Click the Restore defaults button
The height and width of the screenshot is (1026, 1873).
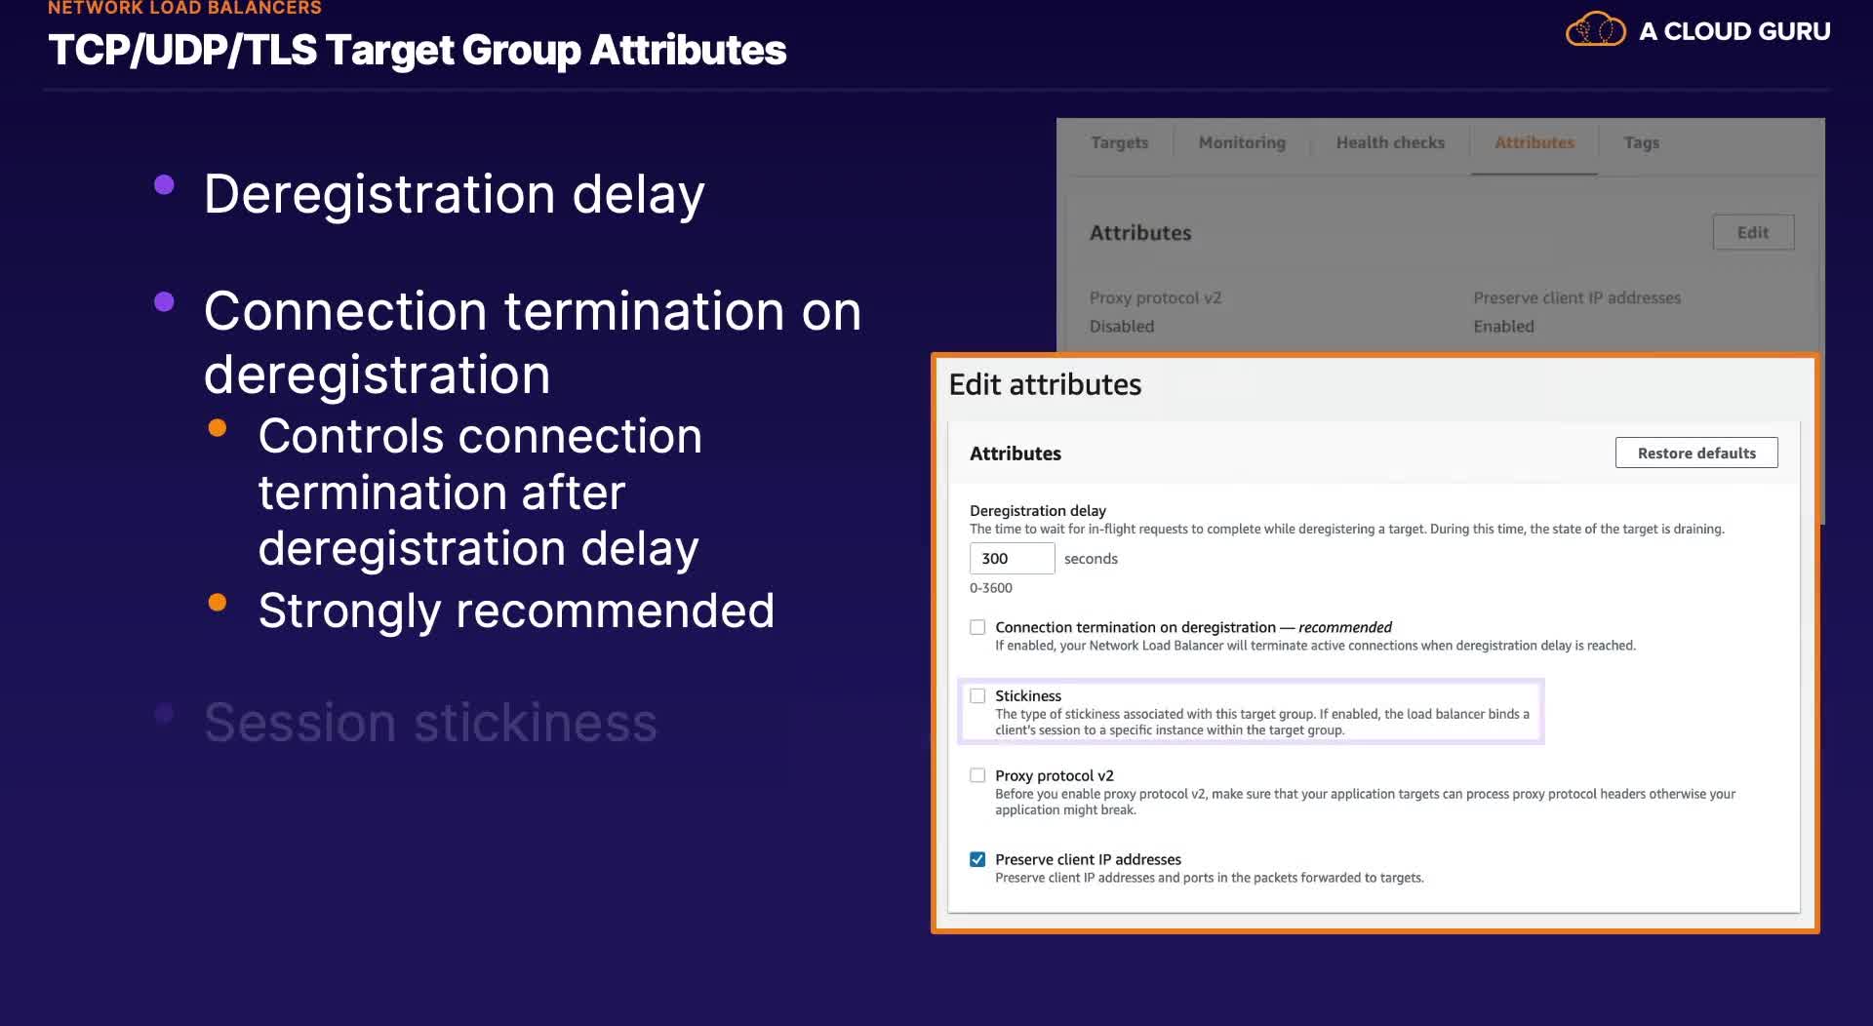coord(1696,453)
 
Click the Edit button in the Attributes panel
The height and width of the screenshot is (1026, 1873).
coord(1753,232)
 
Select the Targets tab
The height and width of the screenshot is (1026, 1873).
coord(1119,142)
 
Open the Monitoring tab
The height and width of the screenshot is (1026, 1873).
coord(1242,142)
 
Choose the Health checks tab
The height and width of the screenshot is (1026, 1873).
coord(1390,142)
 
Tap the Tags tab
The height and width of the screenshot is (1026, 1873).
coord(1642,142)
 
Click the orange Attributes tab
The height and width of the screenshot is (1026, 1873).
coord(1534,142)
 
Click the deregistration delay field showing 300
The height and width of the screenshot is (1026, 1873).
coord(1012,558)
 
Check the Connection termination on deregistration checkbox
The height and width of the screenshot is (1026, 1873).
coord(977,627)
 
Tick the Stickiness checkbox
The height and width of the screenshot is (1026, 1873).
coord(977,695)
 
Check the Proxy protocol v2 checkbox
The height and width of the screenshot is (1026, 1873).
coord(977,775)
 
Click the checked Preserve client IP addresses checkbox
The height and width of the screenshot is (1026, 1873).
coord(977,859)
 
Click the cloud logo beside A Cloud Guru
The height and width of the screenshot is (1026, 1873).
coord(1596,29)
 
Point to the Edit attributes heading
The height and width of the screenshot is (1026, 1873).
coord(1045,384)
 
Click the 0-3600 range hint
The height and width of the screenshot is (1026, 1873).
coord(991,588)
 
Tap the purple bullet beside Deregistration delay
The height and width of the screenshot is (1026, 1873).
coord(164,184)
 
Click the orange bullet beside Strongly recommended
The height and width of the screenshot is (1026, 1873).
coord(218,603)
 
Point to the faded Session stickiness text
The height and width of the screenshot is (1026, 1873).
coord(430,723)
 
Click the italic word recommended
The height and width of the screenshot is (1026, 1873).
coord(1345,627)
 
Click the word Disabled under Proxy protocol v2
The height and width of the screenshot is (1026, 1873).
coord(1122,326)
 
